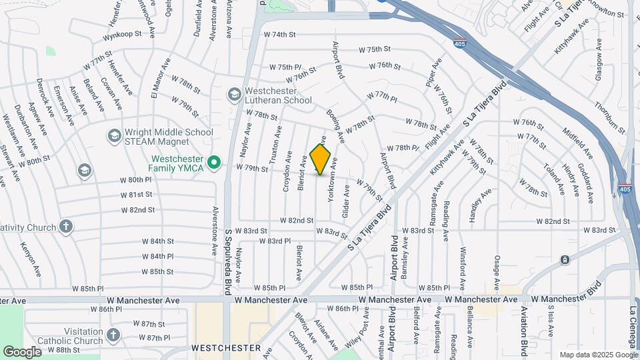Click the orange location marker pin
pos(321,159)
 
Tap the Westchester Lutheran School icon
pos(234,95)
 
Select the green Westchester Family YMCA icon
pos(214,163)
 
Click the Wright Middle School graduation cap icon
pos(113,136)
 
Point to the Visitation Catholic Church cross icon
pos(113,335)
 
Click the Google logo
pos(22,351)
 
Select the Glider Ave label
pos(346,200)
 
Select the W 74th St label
pos(279,35)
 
